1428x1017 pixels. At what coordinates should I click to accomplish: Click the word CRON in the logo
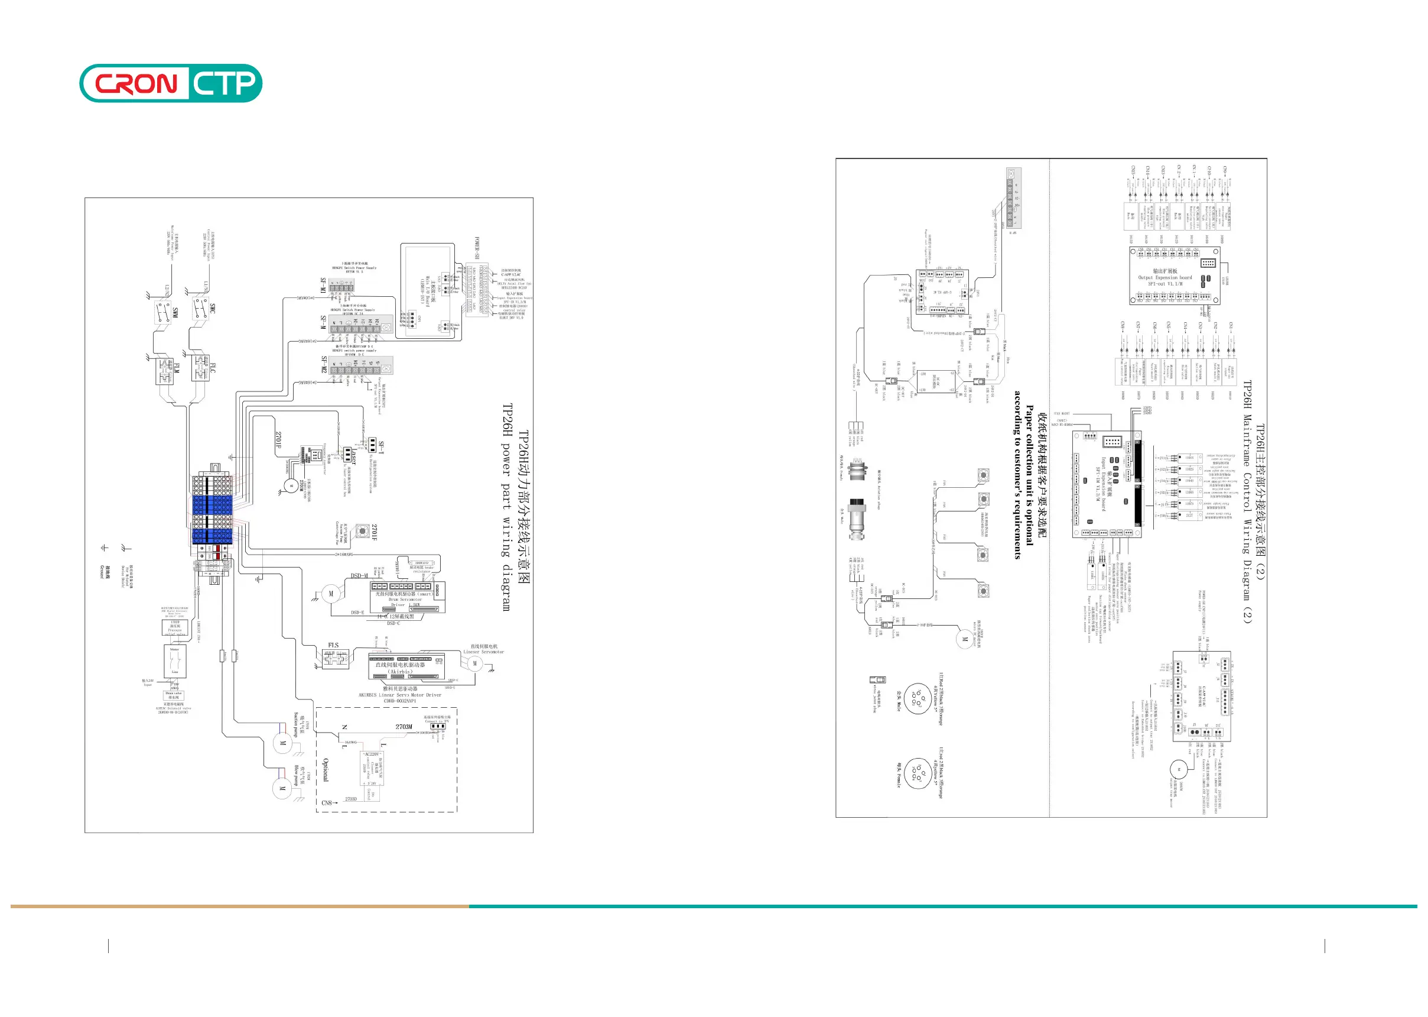pos(136,83)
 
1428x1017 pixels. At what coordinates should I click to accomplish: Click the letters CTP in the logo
pos(223,83)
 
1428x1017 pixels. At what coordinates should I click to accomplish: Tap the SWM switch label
pos(175,312)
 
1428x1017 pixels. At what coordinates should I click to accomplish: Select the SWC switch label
pos(212,308)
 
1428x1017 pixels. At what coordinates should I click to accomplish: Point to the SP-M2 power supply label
pos(324,364)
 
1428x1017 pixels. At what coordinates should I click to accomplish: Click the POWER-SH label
pos(477,248)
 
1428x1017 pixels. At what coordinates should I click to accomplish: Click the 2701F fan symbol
pos(362,531)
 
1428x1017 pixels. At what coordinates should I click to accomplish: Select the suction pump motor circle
pos(283,744)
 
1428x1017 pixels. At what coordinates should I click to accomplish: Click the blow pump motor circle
pos(282,788)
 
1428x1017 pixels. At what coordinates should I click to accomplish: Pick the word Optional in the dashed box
pos(326,770)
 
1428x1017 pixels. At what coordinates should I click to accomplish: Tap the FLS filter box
pos(336,658)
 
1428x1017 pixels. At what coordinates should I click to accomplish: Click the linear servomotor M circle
pos(475,663)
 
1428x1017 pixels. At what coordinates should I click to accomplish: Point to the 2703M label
pos(404,727)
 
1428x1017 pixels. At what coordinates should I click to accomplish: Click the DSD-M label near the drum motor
pos(359,576)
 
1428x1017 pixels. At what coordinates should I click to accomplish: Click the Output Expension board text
pos(1164,277)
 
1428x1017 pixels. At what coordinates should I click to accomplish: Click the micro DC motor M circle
pos(965,639)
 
